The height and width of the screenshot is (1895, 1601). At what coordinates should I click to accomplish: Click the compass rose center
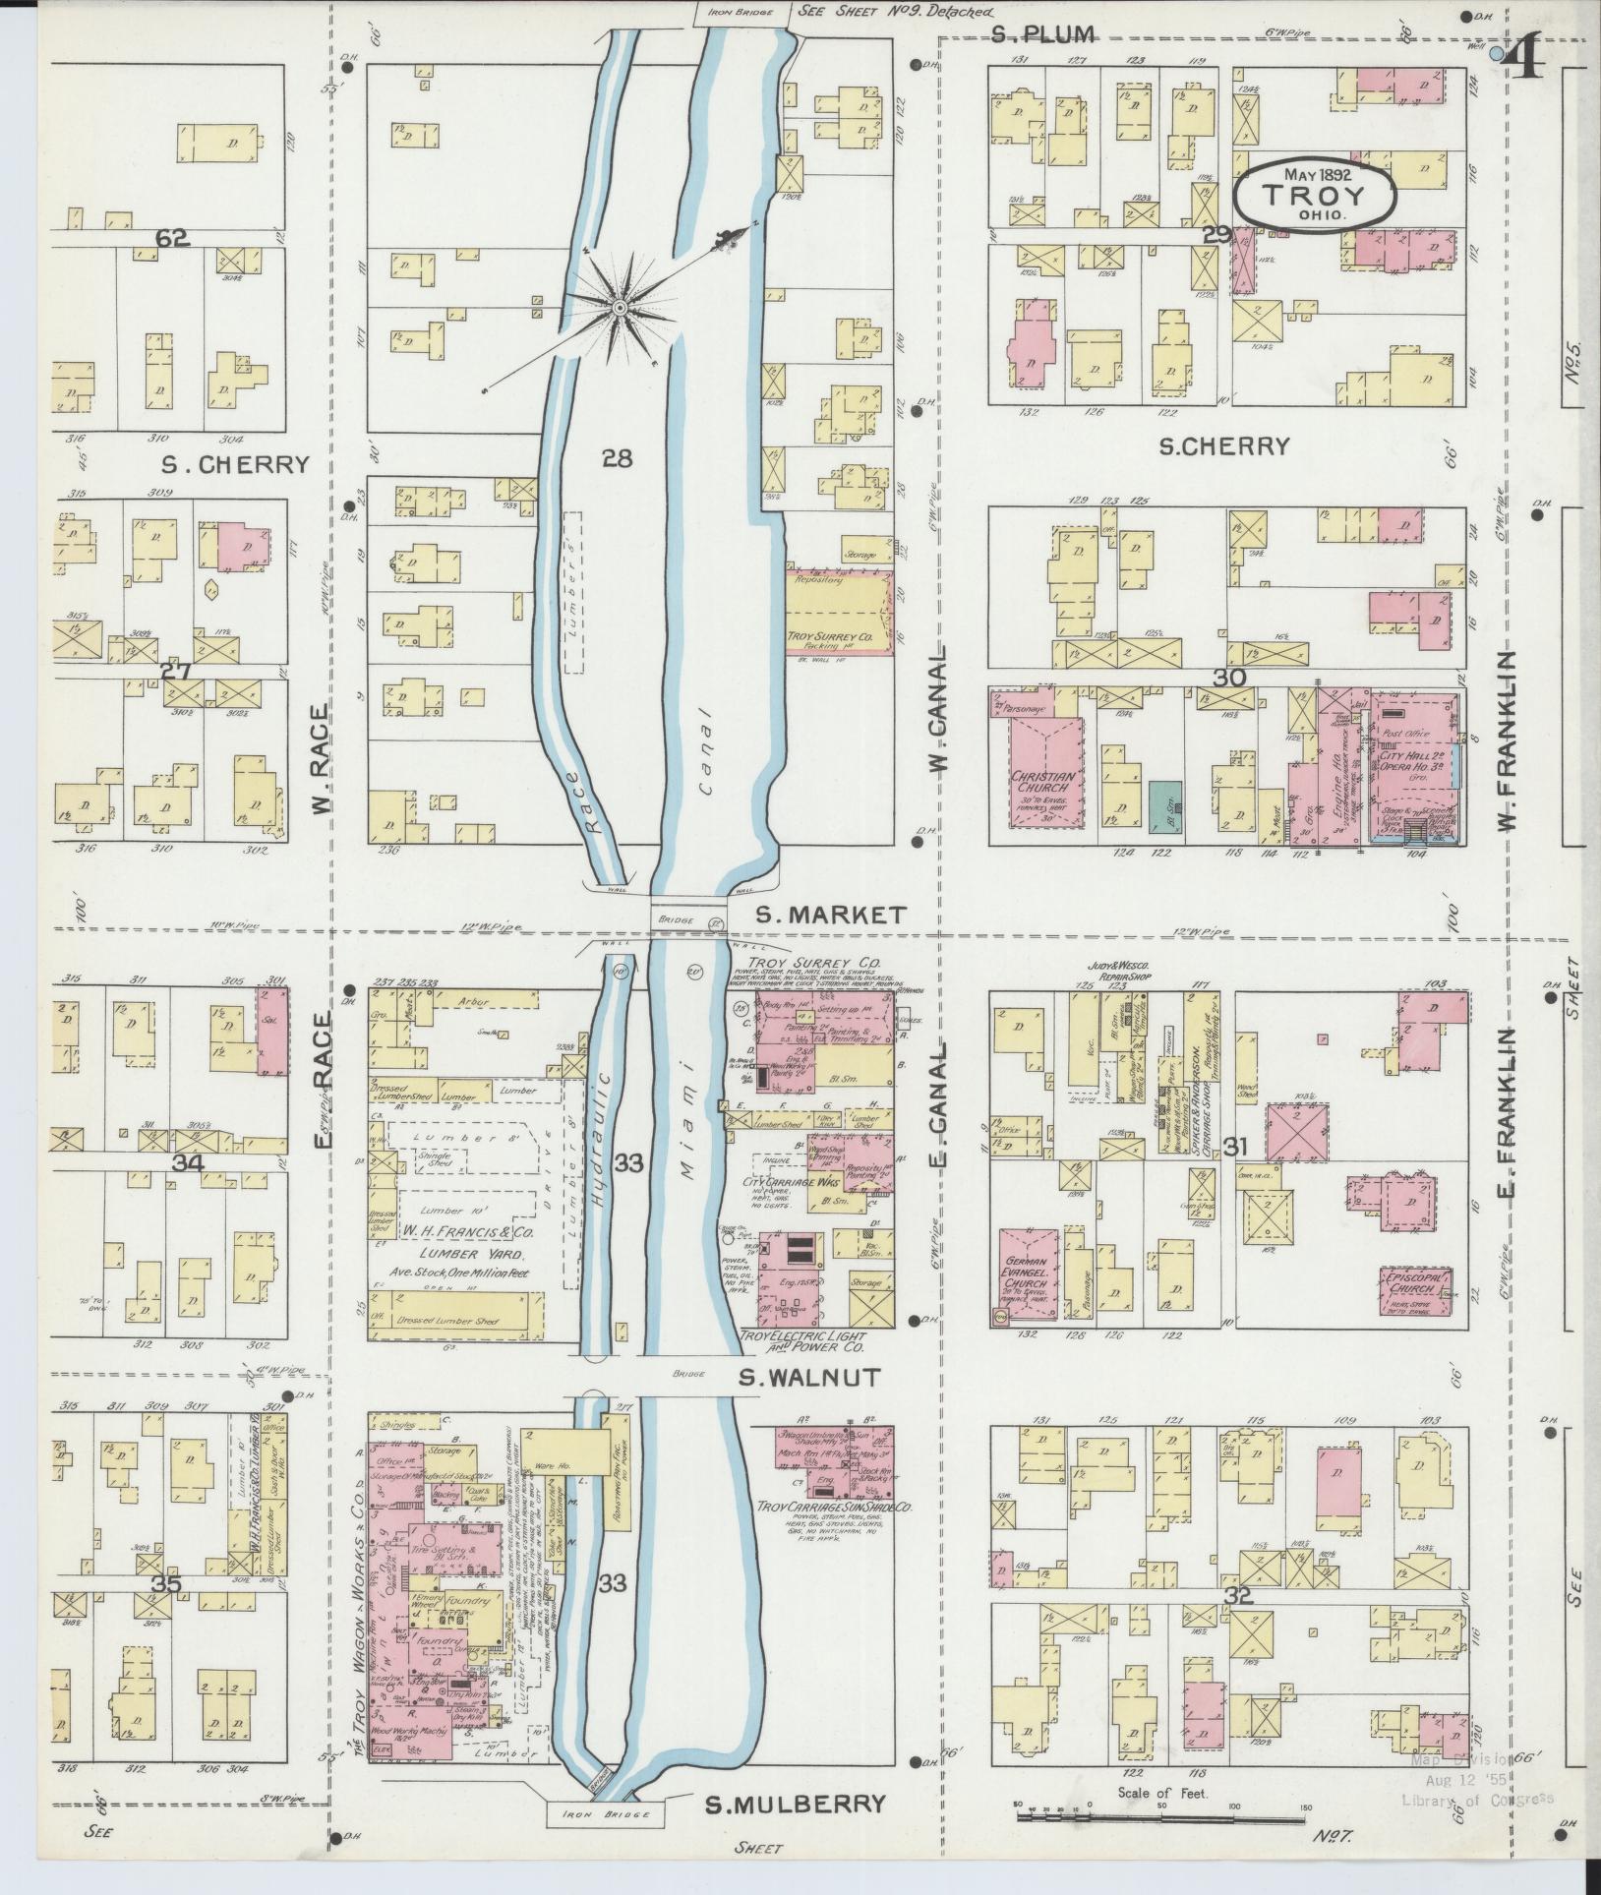point(621,309)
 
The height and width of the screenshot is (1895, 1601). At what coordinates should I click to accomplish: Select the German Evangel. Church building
point(1030,1277)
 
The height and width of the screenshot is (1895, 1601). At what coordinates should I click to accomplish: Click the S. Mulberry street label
point(796,1804)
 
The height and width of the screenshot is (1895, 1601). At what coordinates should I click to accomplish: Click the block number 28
point(618,458)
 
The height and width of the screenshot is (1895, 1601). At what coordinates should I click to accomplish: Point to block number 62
point(171,237)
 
